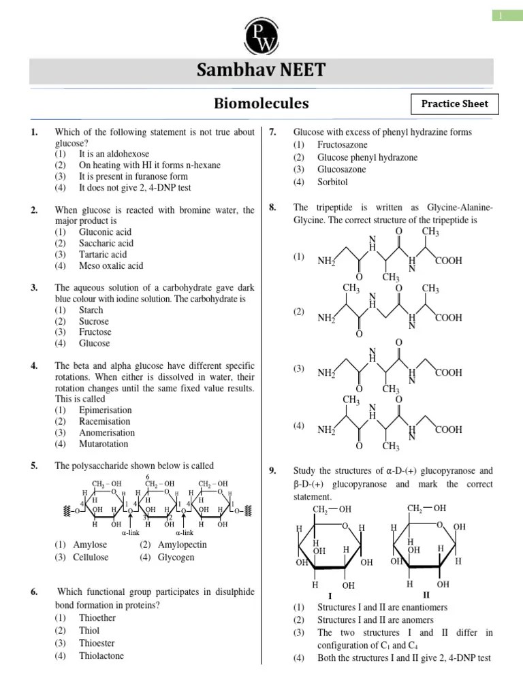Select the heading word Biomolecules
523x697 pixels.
click(x=261, y=103)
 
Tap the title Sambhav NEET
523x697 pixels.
click(x=261, y=70)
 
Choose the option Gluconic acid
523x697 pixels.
click(x=106, y=232)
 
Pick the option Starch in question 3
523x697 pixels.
click(x=91, y=310)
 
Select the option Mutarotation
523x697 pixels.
click(x=104, y=444)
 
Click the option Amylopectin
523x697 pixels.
click(x=183, y=545)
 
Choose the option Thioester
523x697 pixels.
click(x=97, y=643)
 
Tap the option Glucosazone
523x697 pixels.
click(x=341, y=169)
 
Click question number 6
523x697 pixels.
click(x=34, y=592)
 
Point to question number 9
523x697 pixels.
click(x=272, y=470)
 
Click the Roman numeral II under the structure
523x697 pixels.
click(x=426, y=594)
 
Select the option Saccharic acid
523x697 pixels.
click(x=106, y=243)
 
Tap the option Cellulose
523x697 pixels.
click(x=91, y=557)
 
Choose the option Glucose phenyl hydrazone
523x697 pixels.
click(x=367, y=157)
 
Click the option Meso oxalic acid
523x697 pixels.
click(x=111, y=265)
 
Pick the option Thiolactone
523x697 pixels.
click(x=101, y=656)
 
